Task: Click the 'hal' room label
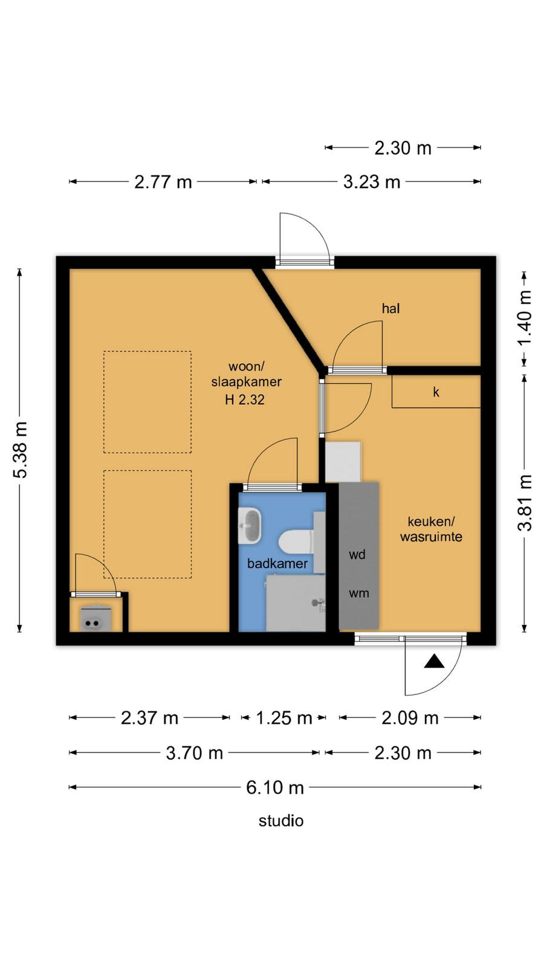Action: click(x=390, y=308)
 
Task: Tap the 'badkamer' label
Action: click(x=277, y=563)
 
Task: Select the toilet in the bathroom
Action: click(x=296, y=542)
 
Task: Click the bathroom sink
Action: click(x=250, y=525)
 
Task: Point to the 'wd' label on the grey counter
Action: click(x=357, y=554)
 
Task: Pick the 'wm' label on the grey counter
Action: click(x=359, y=593)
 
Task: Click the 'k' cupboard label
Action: click(x=436, y=392)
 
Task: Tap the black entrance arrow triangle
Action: click(x=434, y=662)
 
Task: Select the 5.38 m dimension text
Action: click(x=21, y=450)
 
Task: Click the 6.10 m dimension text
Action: click(x=275, y=788)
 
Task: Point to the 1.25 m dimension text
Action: click(x=284, y=718)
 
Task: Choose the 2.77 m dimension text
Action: click(x=163, y=182)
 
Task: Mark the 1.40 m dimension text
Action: click(x=525, y=318)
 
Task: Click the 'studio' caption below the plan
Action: click(x=281, y=821)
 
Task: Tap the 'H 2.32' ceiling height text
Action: click(x=244, y=399)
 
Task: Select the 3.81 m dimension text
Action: click(x=525, y=502)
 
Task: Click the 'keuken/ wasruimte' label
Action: click(x=431, y=529)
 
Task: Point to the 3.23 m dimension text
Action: click(x=372, y=182)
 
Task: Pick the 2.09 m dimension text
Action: click(x=410, y=718)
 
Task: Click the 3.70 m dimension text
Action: click(x=194, y=753)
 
